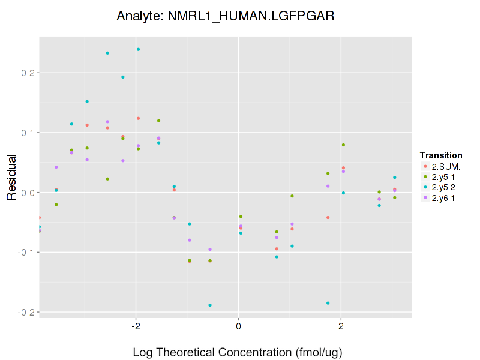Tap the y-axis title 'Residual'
pyautogui.click(x=11, y=178)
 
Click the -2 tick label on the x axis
pyautogui.click(x=136, y=326)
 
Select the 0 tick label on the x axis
pyautogui.click(x=238, y=326)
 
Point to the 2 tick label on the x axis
pyautogui.click(x=341, y=326)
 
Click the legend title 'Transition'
pyautogui.click(x=440, y=155)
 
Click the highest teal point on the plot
pyautogui.click(x=138, y=49)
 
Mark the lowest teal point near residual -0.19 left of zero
pyautogui.click(x=210, y=305)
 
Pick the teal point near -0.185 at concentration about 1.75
pyautogui.click(x=328, y=303)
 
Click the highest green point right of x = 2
pyautogui.click(x=343, y=145)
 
